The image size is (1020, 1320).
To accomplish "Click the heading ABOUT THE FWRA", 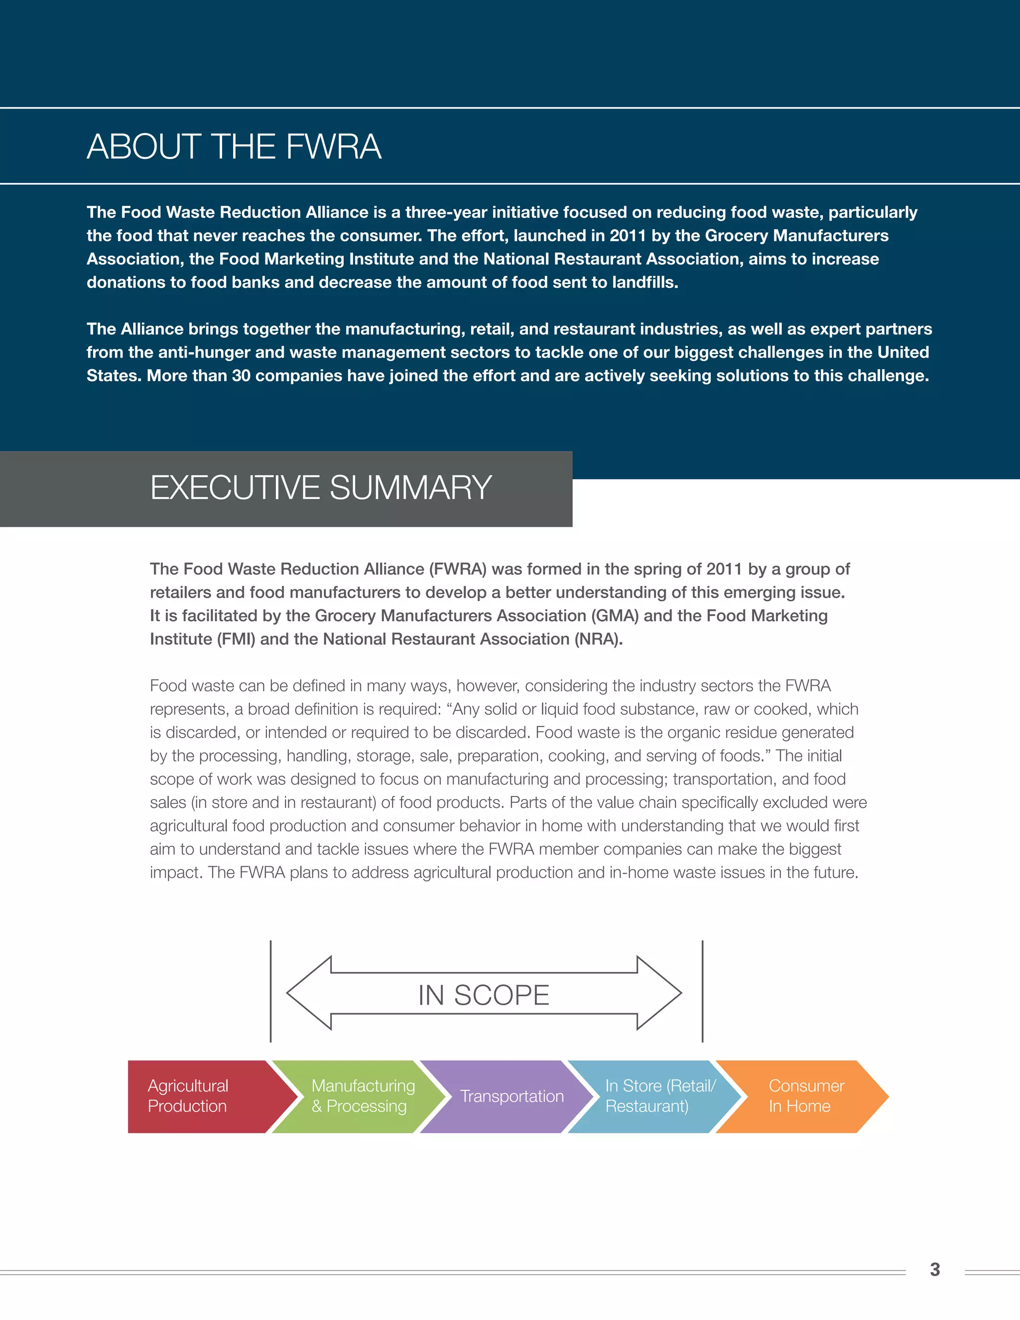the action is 234,147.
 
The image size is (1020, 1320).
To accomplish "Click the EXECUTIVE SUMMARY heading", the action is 321,488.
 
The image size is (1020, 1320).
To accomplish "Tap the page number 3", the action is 935,1269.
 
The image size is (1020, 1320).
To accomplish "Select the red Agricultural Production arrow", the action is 199,1096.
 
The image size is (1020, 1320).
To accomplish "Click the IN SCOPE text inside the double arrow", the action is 484,995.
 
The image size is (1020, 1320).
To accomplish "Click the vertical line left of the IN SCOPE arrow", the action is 271,991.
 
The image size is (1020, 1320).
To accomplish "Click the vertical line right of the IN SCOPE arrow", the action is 702,991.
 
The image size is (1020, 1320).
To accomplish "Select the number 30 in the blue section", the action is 241,376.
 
